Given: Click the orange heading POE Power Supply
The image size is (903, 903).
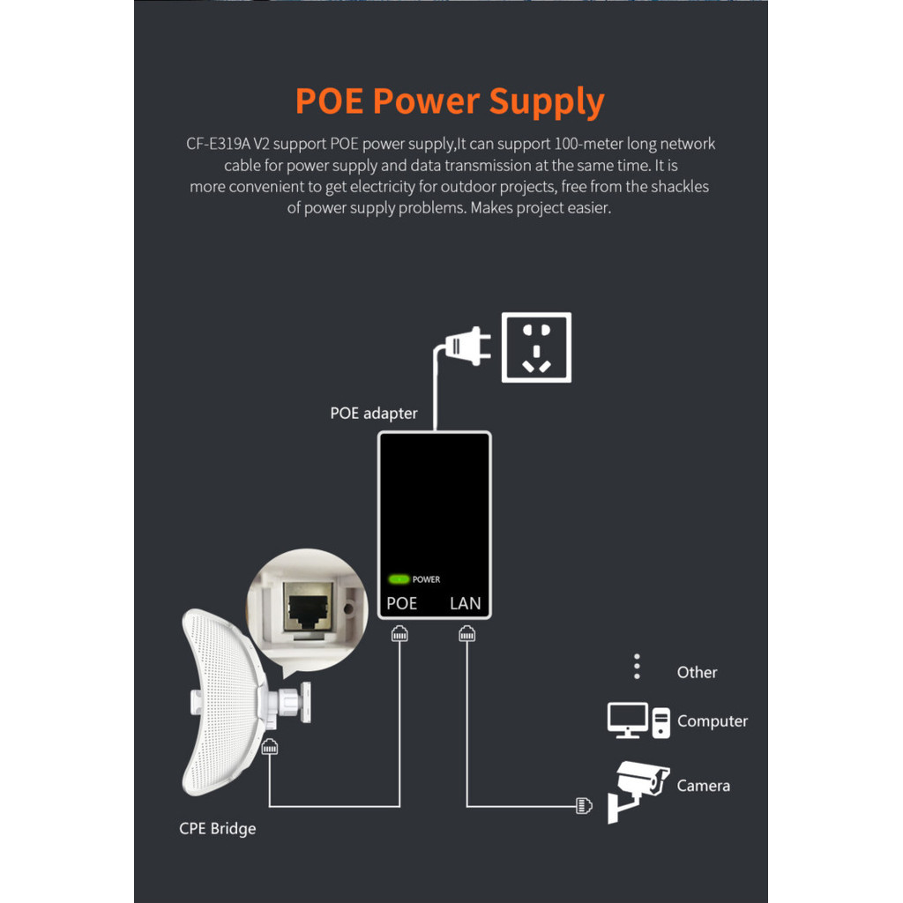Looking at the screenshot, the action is pyautogui.click(x=450, y=101).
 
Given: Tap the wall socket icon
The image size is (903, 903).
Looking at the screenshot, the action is pyautogui.click(x=536, y=347).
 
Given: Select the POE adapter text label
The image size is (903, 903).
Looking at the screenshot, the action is pyautogui.click(x=374, y=413).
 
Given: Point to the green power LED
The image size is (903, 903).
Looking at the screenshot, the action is pyautogui.click(x=399, y=579).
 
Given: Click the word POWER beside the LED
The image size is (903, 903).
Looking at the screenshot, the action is pyautogui.click(x=426, y=579).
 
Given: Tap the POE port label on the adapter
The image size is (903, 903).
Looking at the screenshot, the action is pyautogui.click(x=402, y=604).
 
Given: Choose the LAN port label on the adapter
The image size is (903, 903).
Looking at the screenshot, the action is pyautogui.click(x=466, y=604).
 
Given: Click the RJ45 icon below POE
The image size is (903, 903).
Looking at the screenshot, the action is pyautogui.click(x=400, y=633).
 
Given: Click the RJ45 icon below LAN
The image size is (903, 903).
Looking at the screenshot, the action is pyautogui.click(x=466, y=633).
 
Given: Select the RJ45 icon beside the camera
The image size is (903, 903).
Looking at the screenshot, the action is pyautogui.click(x=583, y=805).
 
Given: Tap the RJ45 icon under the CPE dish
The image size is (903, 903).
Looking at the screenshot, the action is pyautogui.click(x=271, y=745).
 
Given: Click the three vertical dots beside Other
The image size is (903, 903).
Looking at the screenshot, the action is pyautogui.click(x=638, y=667).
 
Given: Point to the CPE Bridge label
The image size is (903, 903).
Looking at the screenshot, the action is pyautogui.click(x=217, y=828).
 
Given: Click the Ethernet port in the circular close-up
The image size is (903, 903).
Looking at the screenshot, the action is pyautogui.click(x=302, y=608).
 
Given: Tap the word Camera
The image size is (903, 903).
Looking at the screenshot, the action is pyautogui.click(x=703, y=785).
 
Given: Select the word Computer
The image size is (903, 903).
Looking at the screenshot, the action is pyautogui.click(x=712, y=720).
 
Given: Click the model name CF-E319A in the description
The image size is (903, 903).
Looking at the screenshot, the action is pyautogui.click(x=218, y=144).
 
